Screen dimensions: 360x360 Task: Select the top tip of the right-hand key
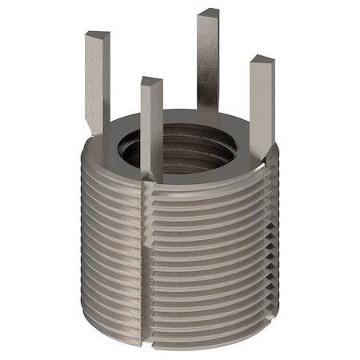(262, 61)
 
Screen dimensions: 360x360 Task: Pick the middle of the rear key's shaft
(208, 64)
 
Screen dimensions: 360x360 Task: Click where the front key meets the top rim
(152, 178)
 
